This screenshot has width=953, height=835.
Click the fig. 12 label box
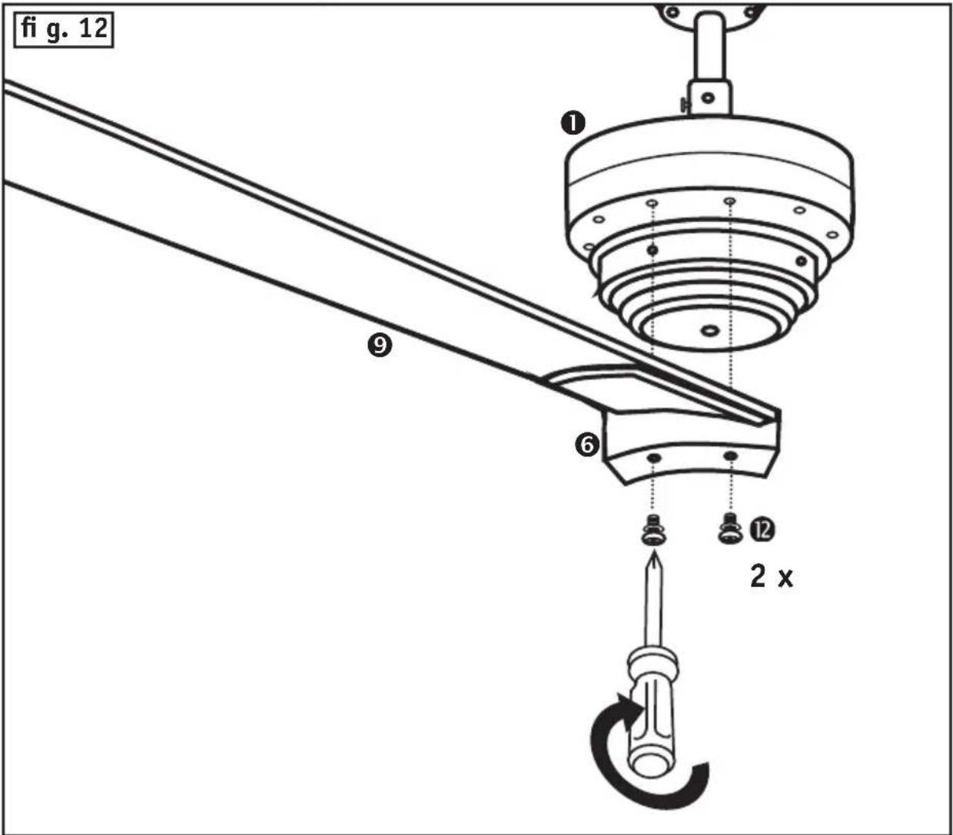(x=64, y=30)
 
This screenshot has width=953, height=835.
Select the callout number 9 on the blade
(x=379, y=346)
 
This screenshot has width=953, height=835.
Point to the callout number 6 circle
(x=587, y=444)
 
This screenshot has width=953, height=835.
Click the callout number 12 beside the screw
(x=762, y=530)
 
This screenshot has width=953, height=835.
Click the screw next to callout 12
(x=730, y=529)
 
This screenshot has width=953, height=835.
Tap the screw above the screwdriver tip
(x=653, y=532)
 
